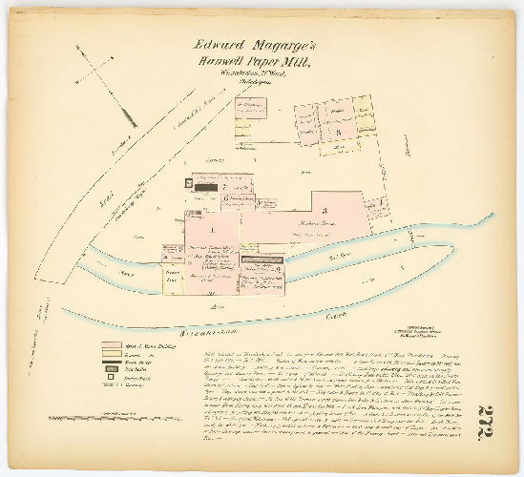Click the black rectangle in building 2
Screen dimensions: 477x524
click(x=208, y=187)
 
